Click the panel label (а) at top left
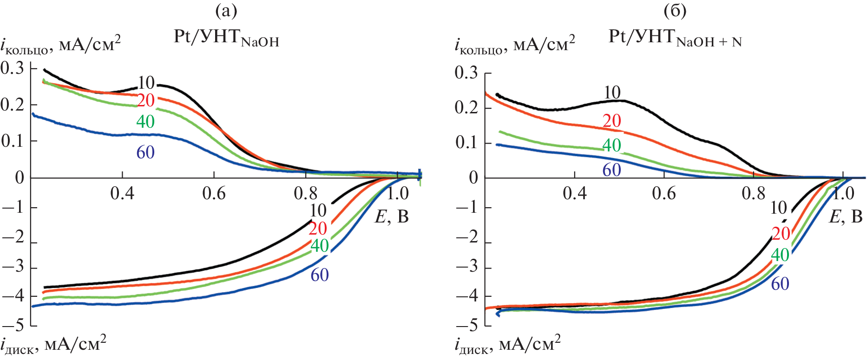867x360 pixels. (226, 11)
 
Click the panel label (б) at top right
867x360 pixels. (675, 11)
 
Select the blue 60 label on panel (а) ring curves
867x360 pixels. (145, 152)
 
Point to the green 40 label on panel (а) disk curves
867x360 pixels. (320, 246)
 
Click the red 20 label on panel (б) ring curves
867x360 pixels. (612, 121)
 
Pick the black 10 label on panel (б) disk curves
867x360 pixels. (779, 208)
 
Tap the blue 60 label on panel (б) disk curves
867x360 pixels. (780, 284)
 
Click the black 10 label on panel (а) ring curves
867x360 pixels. (146, 83)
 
